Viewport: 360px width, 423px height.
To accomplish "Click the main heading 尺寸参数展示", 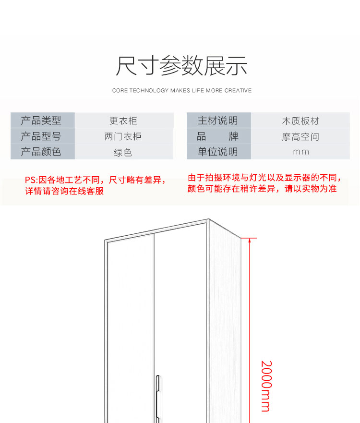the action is pos(181,66).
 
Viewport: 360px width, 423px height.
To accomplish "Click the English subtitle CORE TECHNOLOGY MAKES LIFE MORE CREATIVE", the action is pos(182,90).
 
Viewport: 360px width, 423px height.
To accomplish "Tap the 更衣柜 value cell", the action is pos(123,121).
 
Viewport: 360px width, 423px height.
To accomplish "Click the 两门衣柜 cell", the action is pos(123,136).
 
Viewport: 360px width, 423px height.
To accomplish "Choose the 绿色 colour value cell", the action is pos(123,152).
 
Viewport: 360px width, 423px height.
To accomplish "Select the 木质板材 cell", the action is pos(300,121).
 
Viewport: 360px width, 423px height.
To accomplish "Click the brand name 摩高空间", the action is pos(300,137).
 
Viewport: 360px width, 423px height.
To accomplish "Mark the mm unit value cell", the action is pos(300,152).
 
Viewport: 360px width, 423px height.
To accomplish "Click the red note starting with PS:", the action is pos(95,185).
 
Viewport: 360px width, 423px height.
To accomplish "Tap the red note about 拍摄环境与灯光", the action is pos(264,183).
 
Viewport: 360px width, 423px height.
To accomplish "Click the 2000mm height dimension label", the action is pos(266,386).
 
